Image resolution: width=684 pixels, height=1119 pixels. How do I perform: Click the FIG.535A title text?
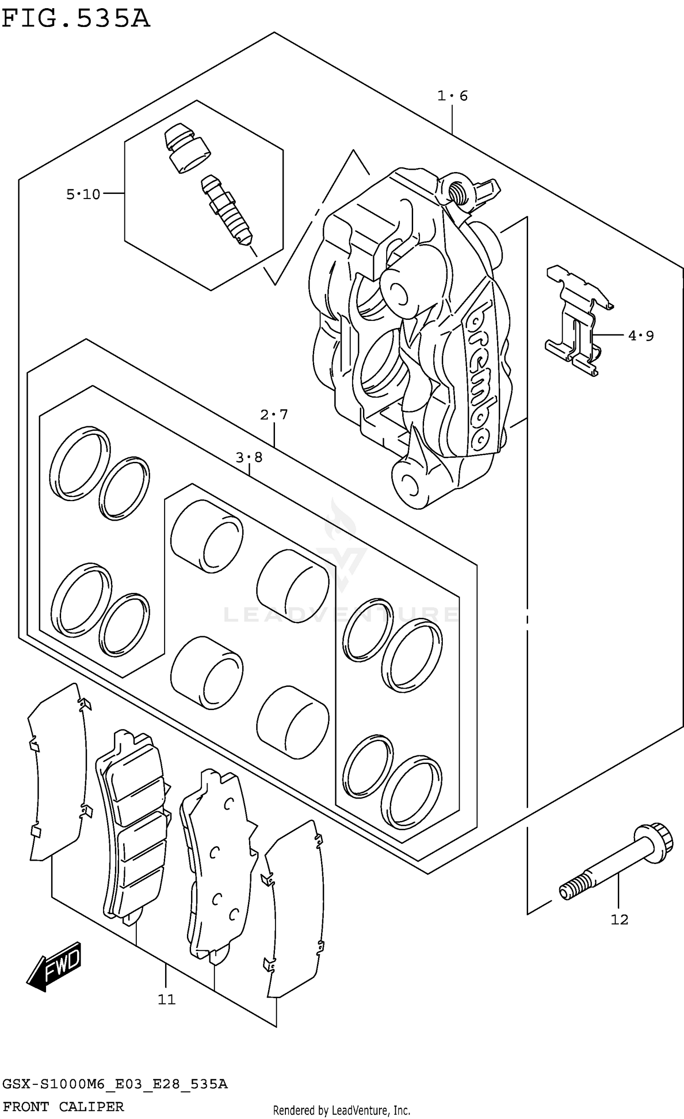[76, 19]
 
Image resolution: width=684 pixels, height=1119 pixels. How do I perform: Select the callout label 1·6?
[452, 96]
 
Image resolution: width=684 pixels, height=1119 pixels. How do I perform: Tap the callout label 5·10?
[83, 195]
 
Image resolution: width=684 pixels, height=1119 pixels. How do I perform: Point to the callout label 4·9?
[641, 336]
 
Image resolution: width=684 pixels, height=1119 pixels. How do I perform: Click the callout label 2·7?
[274, 414]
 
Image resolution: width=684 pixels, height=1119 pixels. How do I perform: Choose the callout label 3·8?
[249, 457]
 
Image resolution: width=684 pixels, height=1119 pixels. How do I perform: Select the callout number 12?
[619, 920]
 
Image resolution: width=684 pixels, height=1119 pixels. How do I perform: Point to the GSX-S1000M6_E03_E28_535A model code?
[114, 1083]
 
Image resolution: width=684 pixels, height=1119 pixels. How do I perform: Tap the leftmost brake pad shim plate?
[57, 776]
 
